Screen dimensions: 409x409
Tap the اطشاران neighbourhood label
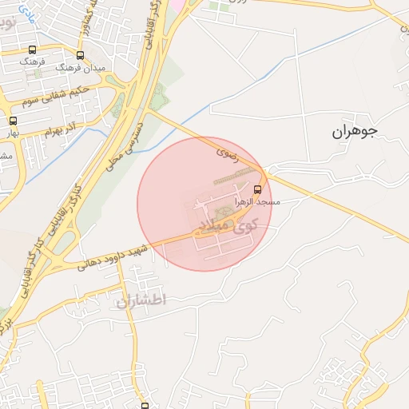[140, 300]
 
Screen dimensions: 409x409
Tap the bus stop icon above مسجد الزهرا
[257, 189]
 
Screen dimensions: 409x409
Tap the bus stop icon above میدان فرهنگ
[79, 55]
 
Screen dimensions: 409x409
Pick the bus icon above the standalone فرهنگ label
[32, 50]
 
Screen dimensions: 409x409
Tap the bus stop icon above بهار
[12, 121]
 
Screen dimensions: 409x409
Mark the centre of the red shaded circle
[204, 204]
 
